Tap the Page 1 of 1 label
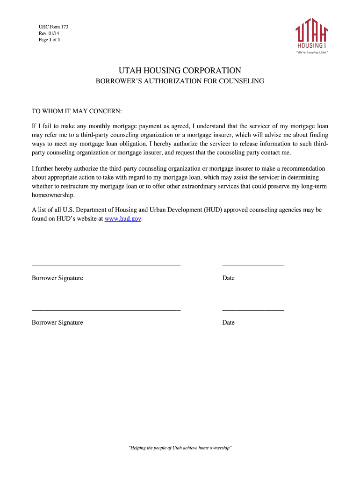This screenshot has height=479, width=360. pyautogui.click(x=49, y=40)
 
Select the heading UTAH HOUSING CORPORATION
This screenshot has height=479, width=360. pyautogui.click(x=180, y=71)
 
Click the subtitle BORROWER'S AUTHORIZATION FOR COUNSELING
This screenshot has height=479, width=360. pyautogui.click(x=180, y=81)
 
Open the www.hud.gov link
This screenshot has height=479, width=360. pyautogui.click(x=122, y=219)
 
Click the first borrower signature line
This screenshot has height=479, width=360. pyautogui.click(x=106, y=265)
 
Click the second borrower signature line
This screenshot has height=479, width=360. pyautogui.click(x=106, y=310)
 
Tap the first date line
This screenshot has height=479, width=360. pyautogui.click(x=253, y=265)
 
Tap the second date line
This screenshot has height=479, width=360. pyautogui.click(x=253, y=310)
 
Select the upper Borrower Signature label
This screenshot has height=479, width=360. pyautogui.click(x=58, y=278)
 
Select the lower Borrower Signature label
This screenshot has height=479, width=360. pyautogui.click(x=58, y=323)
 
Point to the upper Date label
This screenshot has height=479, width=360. pyautogui.click(x=229, y=278)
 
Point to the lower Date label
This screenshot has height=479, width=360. pyautogui.click(x=229, y=323)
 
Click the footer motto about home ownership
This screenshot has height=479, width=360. pyautogui.click(x=180, y=448)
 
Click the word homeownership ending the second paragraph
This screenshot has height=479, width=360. pyautogui.click(x=53, y=195)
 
